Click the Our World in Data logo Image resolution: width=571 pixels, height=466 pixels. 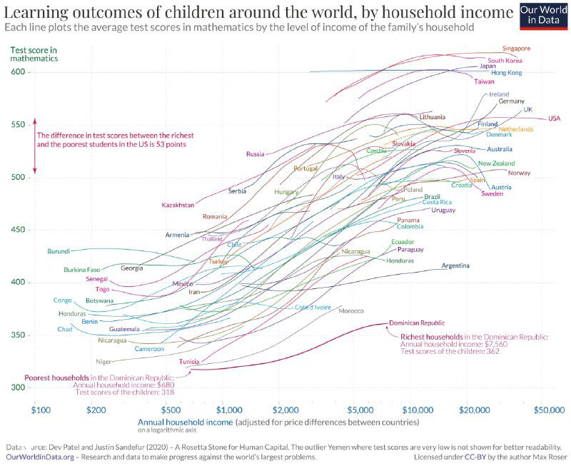tap(542, 15)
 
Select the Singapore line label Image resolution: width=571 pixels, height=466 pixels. tap(516, 49)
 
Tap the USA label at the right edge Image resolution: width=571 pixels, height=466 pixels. tap(555, 118)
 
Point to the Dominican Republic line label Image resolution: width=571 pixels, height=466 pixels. tap(421, 323)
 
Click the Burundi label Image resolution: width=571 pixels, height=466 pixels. tap(59, 251)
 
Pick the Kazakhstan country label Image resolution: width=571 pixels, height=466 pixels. tap(178, 205)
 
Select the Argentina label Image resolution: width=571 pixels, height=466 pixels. tap(455, 266)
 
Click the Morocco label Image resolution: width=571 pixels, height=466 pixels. tap(351, 311)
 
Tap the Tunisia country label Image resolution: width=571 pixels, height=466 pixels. tap(189, 362)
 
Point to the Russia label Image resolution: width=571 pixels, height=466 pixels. tap(255, 154)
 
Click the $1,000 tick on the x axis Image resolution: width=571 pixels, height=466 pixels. tap(229, 410)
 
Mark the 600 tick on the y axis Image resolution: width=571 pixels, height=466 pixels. tap(20, 72)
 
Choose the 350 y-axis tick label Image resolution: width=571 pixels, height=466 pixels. tap(20, 335)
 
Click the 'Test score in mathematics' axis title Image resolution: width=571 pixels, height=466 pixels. tap(34, 54)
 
